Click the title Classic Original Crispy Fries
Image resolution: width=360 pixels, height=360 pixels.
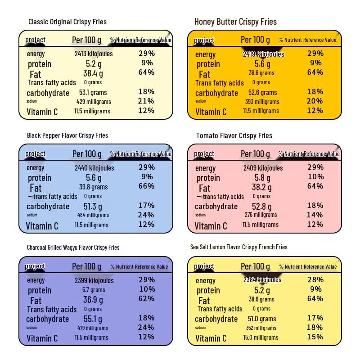point(67,22)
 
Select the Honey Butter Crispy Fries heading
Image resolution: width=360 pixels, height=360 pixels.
point(235,22)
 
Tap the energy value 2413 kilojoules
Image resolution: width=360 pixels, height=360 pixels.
point(94,54)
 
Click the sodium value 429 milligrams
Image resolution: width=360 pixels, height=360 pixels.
point(94,101)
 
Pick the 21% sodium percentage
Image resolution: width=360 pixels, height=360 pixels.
point(146,101)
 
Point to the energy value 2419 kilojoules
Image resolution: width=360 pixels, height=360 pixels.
point(263,54)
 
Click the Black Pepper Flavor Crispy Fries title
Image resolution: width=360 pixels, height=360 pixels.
point(67,135)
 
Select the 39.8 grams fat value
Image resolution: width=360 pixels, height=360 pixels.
point(94,187)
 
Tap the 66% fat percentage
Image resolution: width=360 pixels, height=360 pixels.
point(146,186)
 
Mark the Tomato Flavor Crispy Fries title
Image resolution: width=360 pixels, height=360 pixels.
point(234,135)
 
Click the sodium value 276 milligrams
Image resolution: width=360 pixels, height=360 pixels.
point(261,215)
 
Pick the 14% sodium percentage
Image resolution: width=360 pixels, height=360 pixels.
point(315,215)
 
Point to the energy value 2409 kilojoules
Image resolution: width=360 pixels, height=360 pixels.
point(263,168)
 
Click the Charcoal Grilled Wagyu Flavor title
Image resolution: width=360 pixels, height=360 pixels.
point(73,247)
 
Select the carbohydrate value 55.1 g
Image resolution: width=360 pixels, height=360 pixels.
point(94,319)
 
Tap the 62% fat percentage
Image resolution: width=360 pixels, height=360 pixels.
point(146,298)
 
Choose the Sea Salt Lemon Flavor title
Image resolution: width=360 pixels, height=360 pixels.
point(238,247)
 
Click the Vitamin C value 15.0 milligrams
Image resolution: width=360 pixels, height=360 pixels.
point(261,337)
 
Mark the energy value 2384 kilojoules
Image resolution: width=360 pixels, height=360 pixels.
point(262,279)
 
